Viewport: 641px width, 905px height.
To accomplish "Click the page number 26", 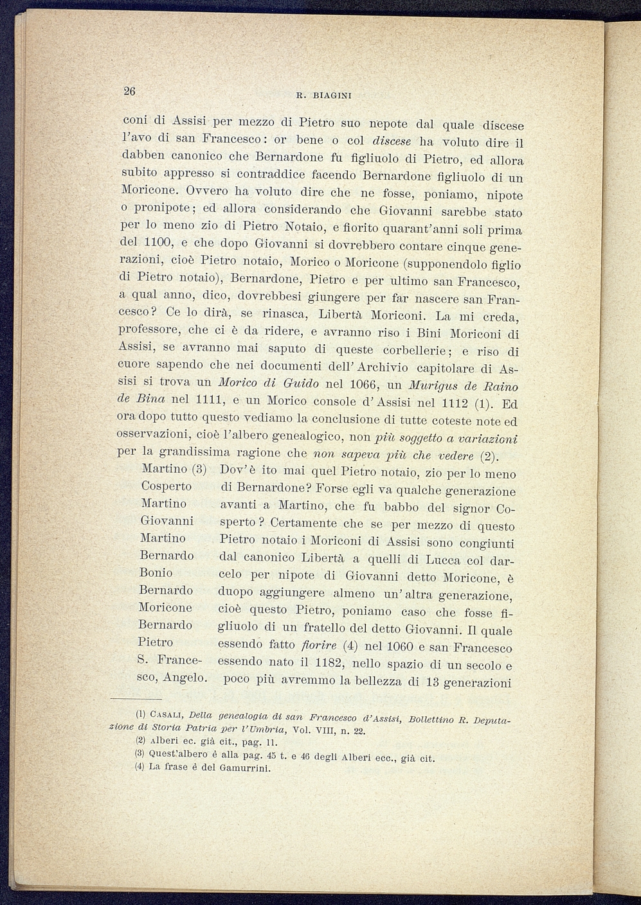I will click(x=129, y=91).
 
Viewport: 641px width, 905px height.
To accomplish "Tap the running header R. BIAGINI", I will click(x=323, y=96).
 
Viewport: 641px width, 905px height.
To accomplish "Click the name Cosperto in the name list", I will click(x=166, y=486).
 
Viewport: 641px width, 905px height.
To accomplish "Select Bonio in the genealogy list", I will click(x=156, y=573).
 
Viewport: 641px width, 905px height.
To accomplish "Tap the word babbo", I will click(x=421, y=508).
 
